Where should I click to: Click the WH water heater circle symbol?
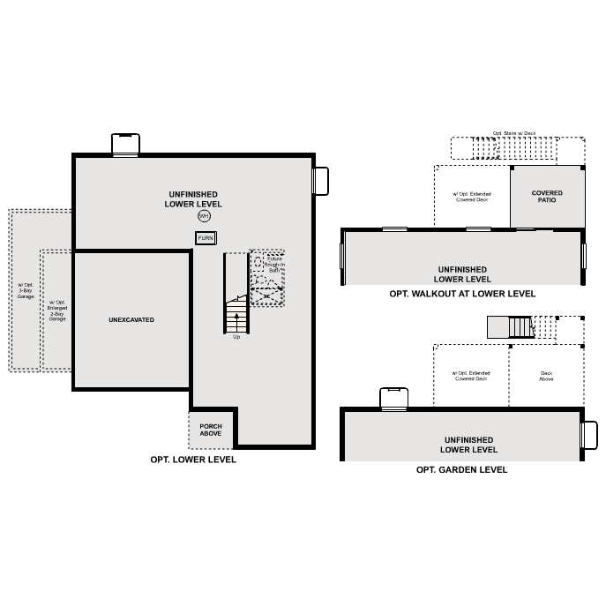pos(205,216)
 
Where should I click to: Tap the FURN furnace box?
pos(206,238)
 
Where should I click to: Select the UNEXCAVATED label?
pos(131,319)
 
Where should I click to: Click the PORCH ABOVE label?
pos(211,430)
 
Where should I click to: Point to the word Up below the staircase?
pos(236,337)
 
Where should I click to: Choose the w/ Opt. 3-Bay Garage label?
pos(25,291)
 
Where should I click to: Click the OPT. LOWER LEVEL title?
pos(193,460)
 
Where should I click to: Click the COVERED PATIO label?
pos(547,197)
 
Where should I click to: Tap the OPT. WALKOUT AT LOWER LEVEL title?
pos(462,294)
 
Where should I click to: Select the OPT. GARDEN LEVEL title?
pos(461,470)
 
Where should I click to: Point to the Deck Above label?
pos(546,376)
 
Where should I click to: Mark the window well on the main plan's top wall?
pos(125,144)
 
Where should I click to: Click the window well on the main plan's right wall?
pos(321,181)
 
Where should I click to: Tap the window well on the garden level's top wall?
pos(393,399)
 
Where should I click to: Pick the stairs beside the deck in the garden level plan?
pos(512,327)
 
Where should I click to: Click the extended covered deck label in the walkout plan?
pos(471,197)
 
